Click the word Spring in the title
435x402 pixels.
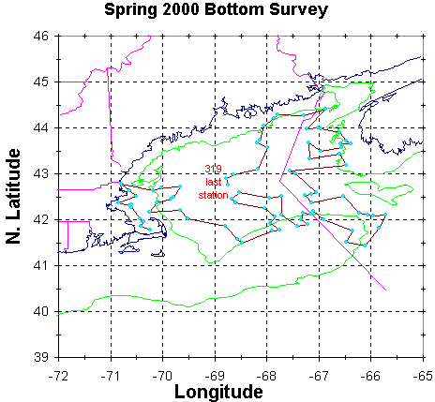(x=130, y=10)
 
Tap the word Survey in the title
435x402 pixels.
(x=298, y=10)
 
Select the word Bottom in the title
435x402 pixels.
(x=233, y=8)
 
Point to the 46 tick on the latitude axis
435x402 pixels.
(x=41, y=37)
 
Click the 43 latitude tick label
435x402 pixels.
(x=41, y=174)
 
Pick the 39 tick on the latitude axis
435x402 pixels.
(x=41, y=357)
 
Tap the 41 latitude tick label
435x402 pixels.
(x=41, y=266)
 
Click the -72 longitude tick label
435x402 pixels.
(x=58, y=376)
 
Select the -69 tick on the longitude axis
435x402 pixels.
(x=215, y=376)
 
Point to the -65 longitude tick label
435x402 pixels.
(x=423, y=376)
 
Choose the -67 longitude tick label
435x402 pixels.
(x=319, y=376)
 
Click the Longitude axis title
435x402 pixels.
(x=218, y=392)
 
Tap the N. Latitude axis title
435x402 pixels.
(x=13, y=196)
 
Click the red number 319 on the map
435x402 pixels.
(x=214, y=169)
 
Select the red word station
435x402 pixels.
(x=214, y=195)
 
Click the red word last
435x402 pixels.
(x=214, y=182)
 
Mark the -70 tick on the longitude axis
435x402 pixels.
(x=163, y=376)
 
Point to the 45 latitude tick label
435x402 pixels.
(x=41, y=82)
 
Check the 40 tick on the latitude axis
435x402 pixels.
(x=41, y=312)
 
